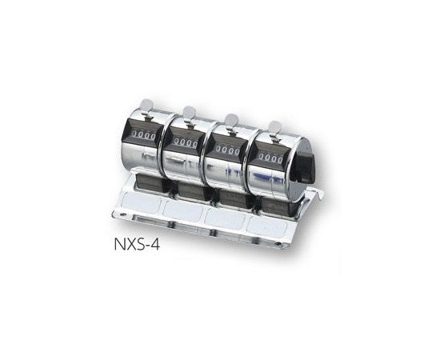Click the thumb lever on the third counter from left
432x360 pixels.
pos(231,120)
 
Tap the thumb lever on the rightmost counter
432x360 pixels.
pos(274,126)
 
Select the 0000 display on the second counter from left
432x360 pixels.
pos(186,143)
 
